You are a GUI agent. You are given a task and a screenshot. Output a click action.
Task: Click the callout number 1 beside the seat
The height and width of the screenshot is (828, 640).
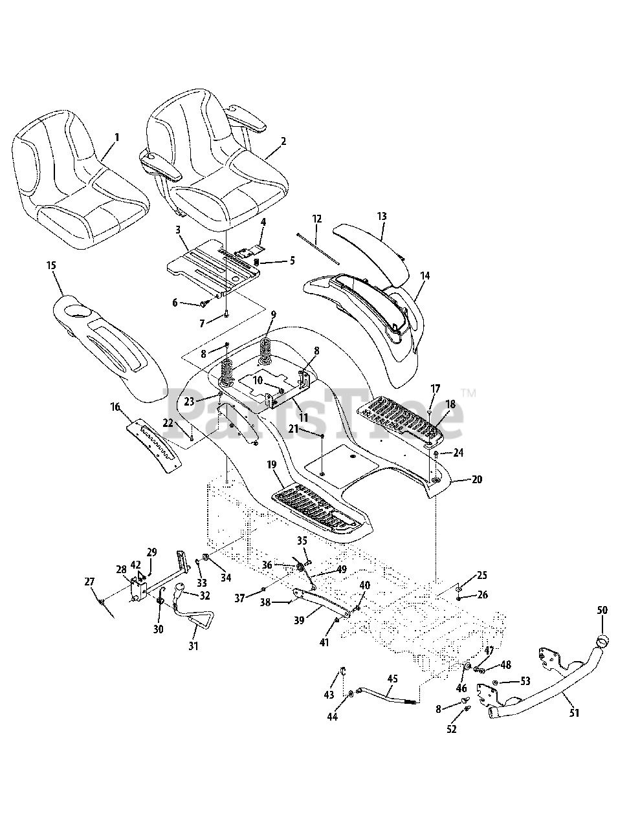[116, 137]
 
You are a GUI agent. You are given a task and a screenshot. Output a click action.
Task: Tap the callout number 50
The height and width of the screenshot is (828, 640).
[602, 610]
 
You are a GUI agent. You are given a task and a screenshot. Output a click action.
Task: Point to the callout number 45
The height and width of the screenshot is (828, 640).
[392, 679]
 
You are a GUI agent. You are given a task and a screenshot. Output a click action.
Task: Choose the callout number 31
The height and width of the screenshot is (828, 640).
[194, 645]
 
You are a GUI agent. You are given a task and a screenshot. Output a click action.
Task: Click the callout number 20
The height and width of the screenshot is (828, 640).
[477, 479]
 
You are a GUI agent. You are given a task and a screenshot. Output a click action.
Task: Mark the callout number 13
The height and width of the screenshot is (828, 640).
[382, 217]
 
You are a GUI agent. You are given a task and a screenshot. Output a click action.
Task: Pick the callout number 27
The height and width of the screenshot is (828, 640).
[89, 582]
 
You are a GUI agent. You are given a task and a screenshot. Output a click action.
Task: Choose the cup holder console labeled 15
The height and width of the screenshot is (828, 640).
[104, 336]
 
